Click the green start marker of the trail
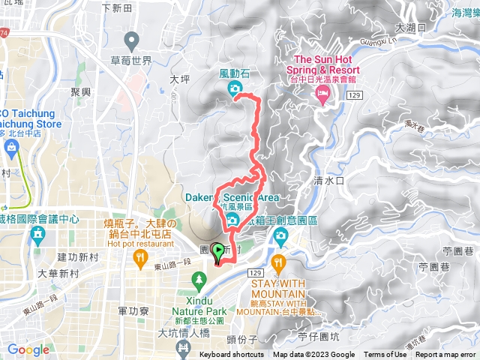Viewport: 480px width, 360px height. point(218,253)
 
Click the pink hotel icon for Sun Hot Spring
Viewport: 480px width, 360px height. point(323,95)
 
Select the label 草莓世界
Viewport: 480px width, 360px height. point(131,60)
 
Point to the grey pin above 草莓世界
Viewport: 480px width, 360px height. point(132,40)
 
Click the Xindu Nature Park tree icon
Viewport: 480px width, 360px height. point(199,281)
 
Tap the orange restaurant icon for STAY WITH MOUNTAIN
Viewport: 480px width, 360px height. point(280,263)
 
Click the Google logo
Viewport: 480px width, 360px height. point(28,349)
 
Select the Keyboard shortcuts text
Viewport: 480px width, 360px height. point(232,355)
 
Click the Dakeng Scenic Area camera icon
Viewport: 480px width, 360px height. point(233,219)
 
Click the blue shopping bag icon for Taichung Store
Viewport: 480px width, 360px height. point(11,147)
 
